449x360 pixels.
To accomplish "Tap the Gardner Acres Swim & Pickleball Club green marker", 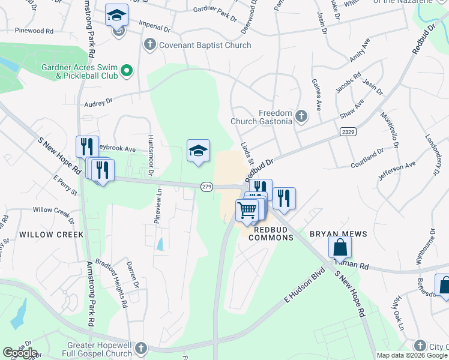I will pyautogui.click(x=127, y=71).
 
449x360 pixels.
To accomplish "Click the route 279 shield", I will pyautogui.click(x=206, y=187).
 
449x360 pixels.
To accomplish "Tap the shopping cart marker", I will pyautogui.click(x=247, y=211).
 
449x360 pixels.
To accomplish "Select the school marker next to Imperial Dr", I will pyautogui.click(x=116, y=16).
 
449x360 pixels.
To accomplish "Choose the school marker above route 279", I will pyautogui.click(x=197, y=151).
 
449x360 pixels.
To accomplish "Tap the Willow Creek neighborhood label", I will pyautogui.click(x=50, y=234).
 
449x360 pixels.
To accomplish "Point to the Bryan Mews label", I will pyautogui.click(x=334, y=233).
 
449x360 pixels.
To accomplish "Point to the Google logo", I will pyautogui.click(x=20, y=352).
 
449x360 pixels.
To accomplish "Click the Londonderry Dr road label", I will pyautogui.click(x=430, y=155).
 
